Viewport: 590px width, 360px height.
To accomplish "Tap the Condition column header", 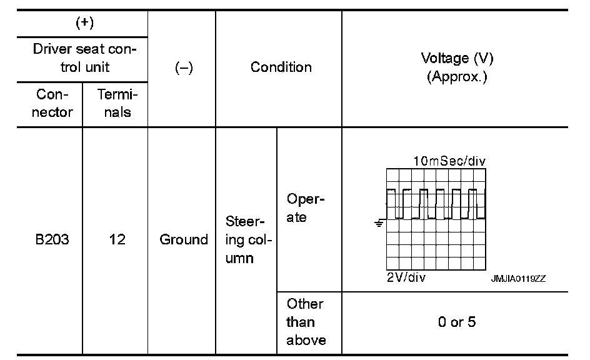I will pyautogui.click(x=281, y=67).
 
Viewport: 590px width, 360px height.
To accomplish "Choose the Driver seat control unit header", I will pyautogui.click(x=82, y=57).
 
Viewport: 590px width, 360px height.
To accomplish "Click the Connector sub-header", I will pyautogui.click(x=52, y=104).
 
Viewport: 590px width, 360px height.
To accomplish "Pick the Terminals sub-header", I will pyautogui.click(x=116, y=104).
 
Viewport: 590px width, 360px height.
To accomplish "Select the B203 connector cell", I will pyautogui.click(x=52, y=239).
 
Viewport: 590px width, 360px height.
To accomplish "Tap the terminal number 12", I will pyautogui.click(x=116, y=239).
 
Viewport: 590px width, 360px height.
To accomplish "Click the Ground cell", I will pyautogui.click(x=184, y=239).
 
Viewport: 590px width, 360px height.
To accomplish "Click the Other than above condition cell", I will pyautogui.click(x=306, y=322).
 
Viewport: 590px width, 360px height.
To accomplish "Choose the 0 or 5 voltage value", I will pyautogui.click(x=455, y=323).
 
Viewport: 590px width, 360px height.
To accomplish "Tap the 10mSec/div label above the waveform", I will pyautogui.click(x=449, y=162).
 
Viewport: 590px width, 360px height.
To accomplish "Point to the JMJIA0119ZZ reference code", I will pyautogui.click(x=518, y=279).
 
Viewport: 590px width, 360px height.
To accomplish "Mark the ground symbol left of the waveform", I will pyautogui.click(x=378, y=222).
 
